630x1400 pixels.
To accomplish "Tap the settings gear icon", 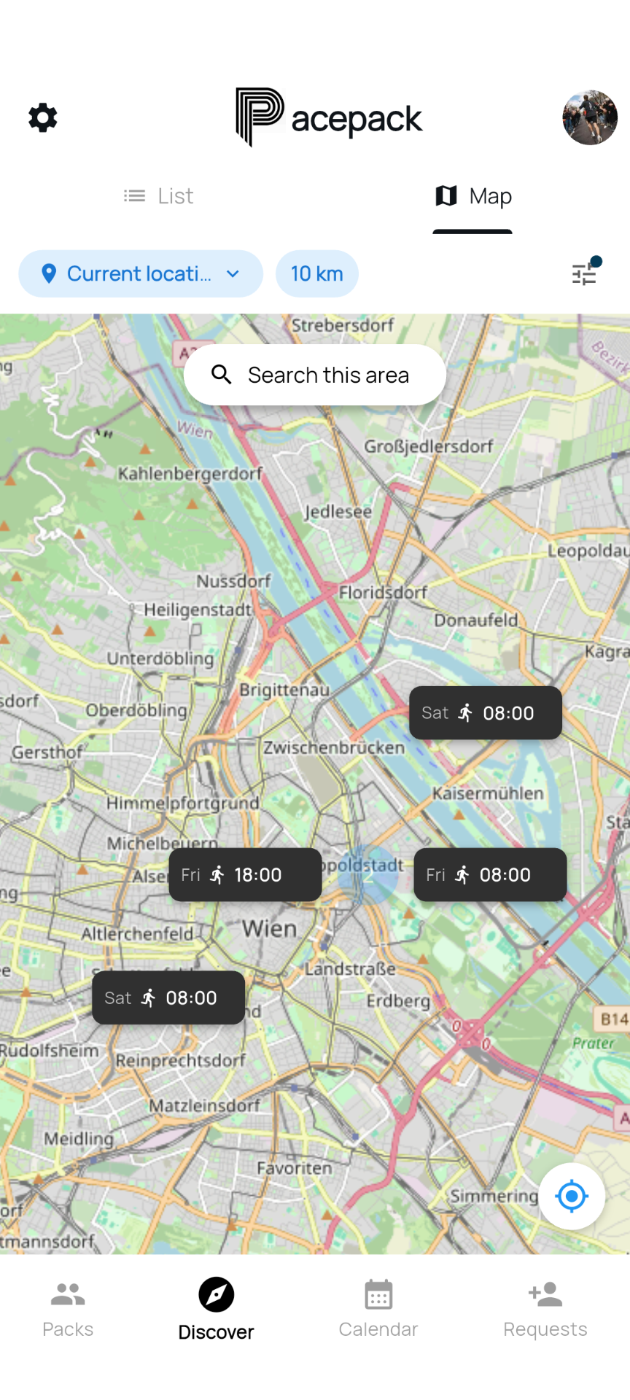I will (x=43, y=117).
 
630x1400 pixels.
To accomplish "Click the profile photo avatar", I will (x=590, y=117).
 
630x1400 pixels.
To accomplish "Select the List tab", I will (x=158, y=196).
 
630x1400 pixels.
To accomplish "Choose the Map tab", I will (x=473, y=196).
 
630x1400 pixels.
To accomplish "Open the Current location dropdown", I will (x=141, y=273).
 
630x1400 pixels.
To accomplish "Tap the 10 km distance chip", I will (x=317, y=273).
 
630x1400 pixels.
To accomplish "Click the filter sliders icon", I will (x=585, y=273).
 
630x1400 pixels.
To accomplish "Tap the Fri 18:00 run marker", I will (x=246, y=874).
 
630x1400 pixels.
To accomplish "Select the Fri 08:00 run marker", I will (x=490, y=874).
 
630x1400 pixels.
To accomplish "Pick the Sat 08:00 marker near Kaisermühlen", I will (x=486, y=712).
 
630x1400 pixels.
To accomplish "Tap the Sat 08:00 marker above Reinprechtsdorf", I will (x=168, y=997).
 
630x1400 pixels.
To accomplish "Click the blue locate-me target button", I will (x=572, y=1196).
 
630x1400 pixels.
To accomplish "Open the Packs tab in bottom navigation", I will (x=68, y=1309).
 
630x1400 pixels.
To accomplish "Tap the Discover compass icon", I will (x=217, y=1295).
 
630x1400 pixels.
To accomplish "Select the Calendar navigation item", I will (x=378, y=1309).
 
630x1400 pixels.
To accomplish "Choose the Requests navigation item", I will (x=545, y=1309).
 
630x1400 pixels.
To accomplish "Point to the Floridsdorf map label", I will (x=383, y=592).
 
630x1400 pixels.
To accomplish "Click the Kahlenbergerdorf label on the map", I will (x=190, y=474).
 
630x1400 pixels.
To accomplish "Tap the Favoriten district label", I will (x=295, y=1167).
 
